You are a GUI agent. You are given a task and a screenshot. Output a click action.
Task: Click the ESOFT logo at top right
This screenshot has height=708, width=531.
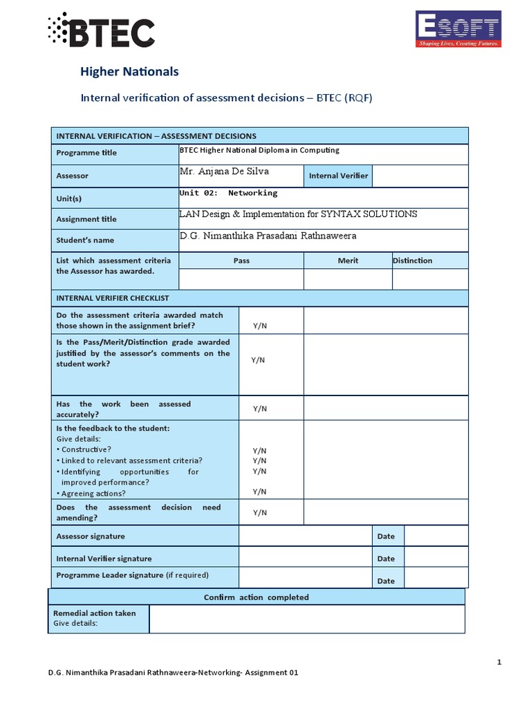[457, 29]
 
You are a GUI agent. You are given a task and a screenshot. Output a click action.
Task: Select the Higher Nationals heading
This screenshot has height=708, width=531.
[130, 72]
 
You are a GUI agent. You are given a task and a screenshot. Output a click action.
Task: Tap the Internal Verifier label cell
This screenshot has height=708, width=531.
[338, 176]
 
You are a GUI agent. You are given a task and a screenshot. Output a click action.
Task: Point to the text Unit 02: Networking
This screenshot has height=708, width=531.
[228, 193]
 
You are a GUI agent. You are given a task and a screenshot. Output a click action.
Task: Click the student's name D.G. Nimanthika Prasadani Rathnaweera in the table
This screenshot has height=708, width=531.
[268, 236]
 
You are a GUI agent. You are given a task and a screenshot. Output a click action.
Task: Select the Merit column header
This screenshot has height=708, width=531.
[348, 261]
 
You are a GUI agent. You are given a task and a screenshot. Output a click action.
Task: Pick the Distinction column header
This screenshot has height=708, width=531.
[412, 261]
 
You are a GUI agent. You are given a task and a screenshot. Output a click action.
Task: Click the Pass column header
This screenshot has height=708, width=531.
[241, 261]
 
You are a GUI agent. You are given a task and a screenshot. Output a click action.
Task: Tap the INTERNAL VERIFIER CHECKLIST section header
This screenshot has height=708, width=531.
[113, 298]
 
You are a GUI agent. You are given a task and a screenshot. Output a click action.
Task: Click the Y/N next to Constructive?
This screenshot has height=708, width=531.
[259, 450]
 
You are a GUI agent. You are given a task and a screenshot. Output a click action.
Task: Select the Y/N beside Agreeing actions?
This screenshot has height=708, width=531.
[259, 492]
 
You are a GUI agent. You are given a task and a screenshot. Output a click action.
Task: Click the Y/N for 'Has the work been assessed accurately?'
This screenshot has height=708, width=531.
[259, 409]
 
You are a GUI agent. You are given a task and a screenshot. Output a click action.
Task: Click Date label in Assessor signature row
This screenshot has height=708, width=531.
[386, 537]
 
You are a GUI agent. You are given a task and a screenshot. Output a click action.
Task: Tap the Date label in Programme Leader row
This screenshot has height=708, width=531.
[386, 581]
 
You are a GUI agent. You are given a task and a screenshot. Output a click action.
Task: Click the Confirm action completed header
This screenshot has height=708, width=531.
[257, 597]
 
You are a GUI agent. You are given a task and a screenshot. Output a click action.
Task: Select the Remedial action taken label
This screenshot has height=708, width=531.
[95, 613]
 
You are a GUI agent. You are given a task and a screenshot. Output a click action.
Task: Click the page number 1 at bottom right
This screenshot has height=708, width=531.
[499, 662]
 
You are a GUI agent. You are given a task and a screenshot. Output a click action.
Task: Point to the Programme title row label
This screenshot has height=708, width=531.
[86, 153]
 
